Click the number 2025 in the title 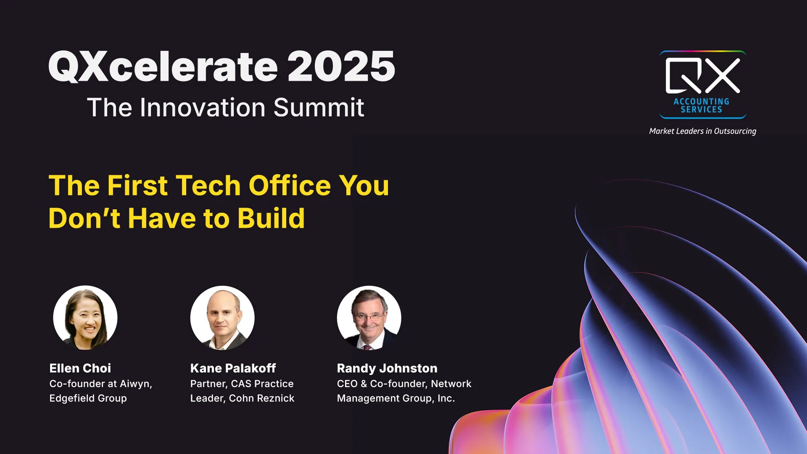pyautogui.click(x=341, y=66)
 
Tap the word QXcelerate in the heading pyautogui.click(x=163, y=66)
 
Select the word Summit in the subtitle pyautogui.click(x=319, y=107)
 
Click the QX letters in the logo pyautogui.click(x=703, y=75)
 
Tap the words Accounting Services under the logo pyautogui.click(x=702, y=106)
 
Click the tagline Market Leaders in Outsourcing pyautogui.click(x=703, y=131)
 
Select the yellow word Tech pyautogui.click(x=208, y=185)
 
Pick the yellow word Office pyautogui.click(x=290, y=185)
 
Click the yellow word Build pyautogui.click(x=271, y=218)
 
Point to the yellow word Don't pyautogui.click(x=84, y=218)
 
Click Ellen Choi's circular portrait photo pyautogui.click(x=85, y=318)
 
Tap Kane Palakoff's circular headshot pyautogui.click(x=222, y=318)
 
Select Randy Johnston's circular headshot pyautogui.click(x=369, y=318)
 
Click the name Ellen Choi pyautogui.click(x=80, y=368)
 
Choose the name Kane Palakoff pyautogui.click(x=233, y=368)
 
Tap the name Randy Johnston pyautogui.click(x=387, y=369)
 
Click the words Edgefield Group pyautogui.click(x=88, y=398)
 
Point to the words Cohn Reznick pyautogui.click(x=261, y=398)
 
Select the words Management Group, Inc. pyautogui.click(x=396, y=398)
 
